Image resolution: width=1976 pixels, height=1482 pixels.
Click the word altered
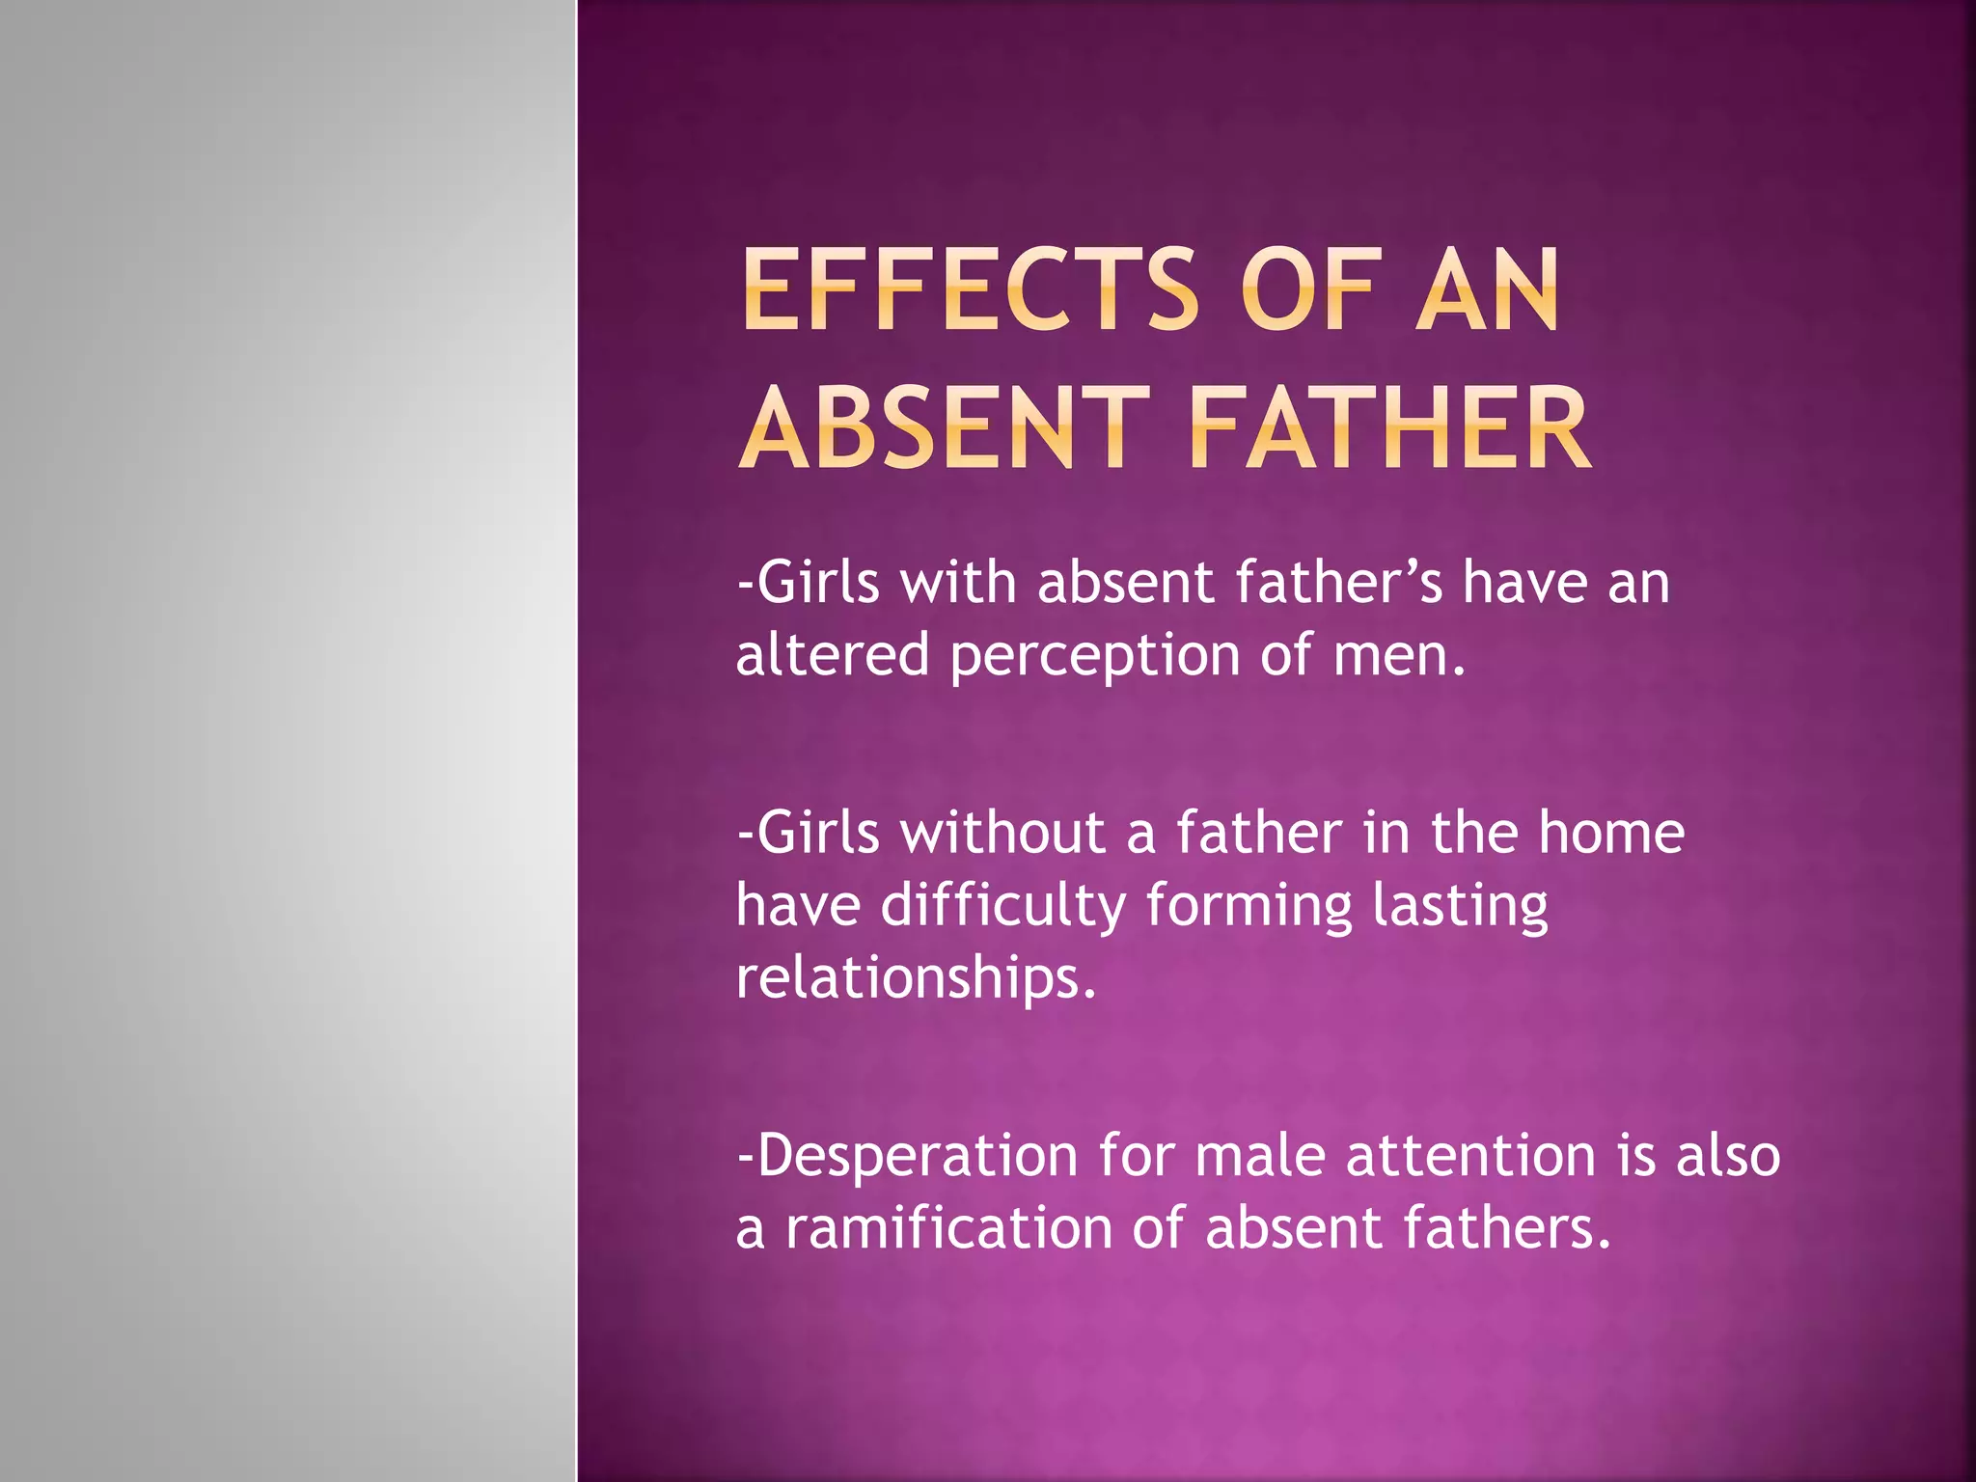coord(832,656)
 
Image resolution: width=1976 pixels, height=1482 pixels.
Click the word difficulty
coord(1002,907)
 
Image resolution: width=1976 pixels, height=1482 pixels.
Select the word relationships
coord(916,979)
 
